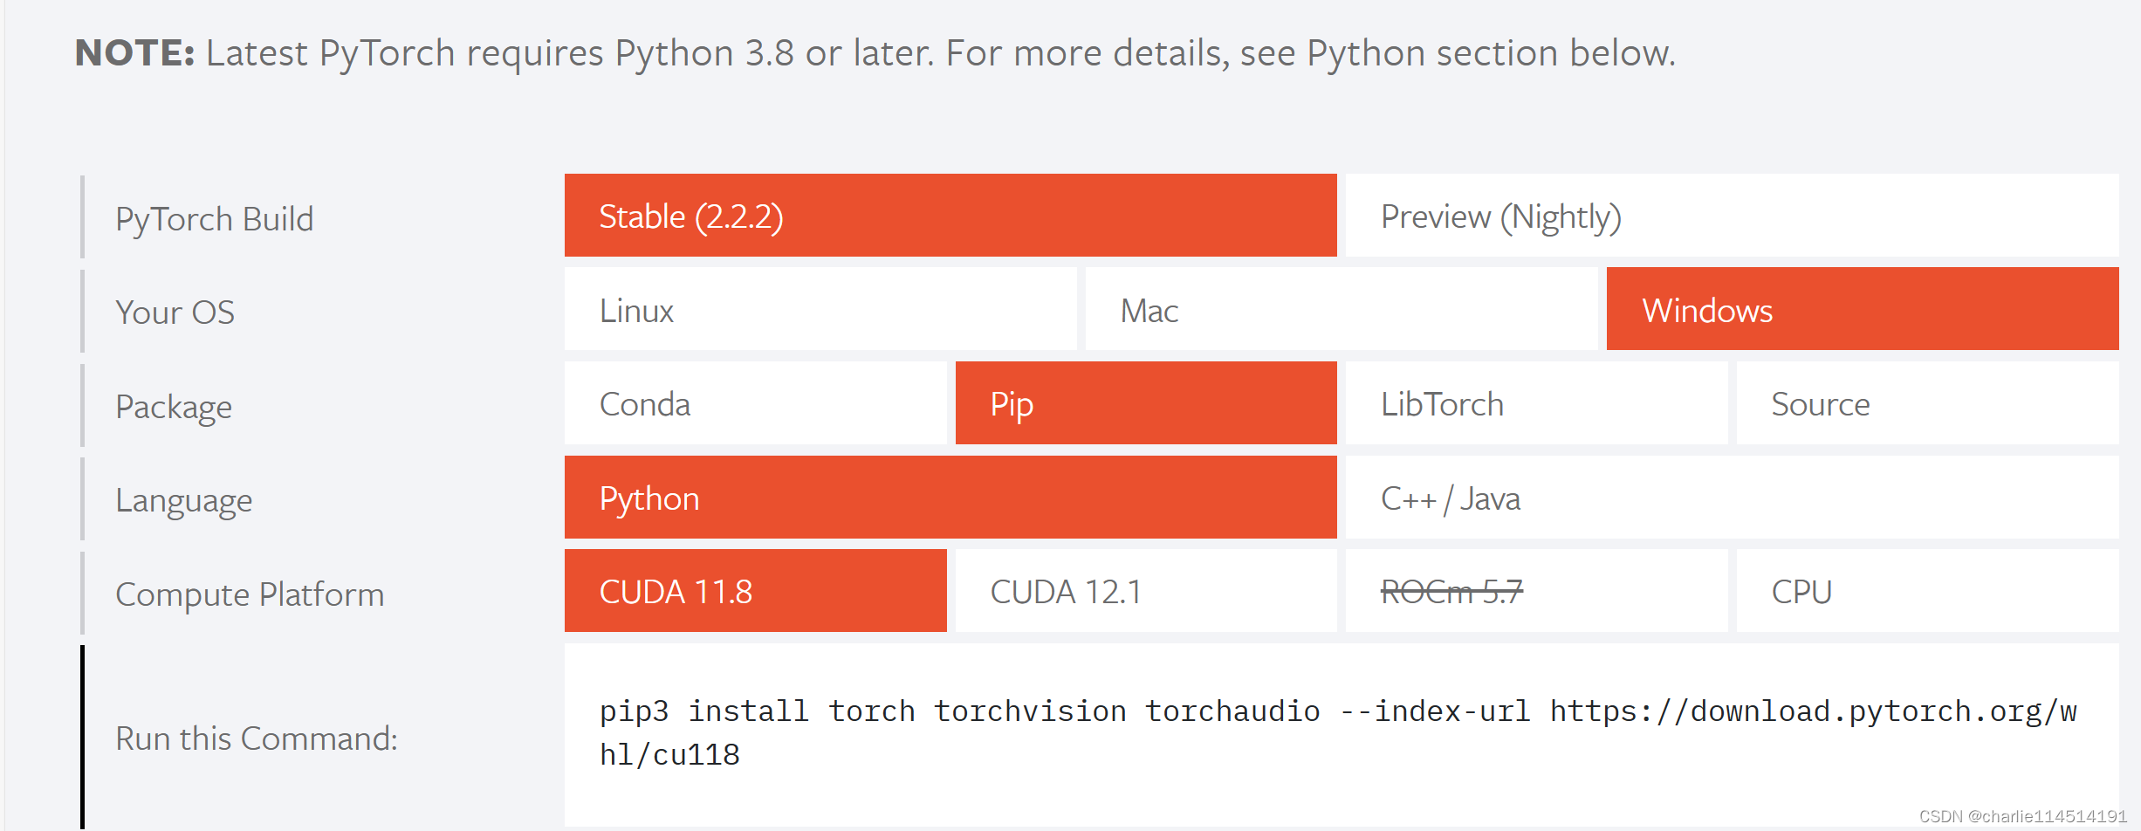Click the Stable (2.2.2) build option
950,216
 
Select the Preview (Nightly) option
1732,216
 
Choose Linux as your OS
820,310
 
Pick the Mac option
1341,310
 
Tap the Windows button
1862,310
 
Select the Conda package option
755,404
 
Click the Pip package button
1145,404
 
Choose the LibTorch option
1536,404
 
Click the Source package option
1927,404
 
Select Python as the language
950,498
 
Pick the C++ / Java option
1732,498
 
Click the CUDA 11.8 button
755,591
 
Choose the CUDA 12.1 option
1145,591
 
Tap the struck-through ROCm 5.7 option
1451,592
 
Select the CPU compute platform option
1927,591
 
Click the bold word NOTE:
134,53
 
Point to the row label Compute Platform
250,594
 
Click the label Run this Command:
257,738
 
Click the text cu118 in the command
697,755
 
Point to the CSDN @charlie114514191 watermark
2022,816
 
